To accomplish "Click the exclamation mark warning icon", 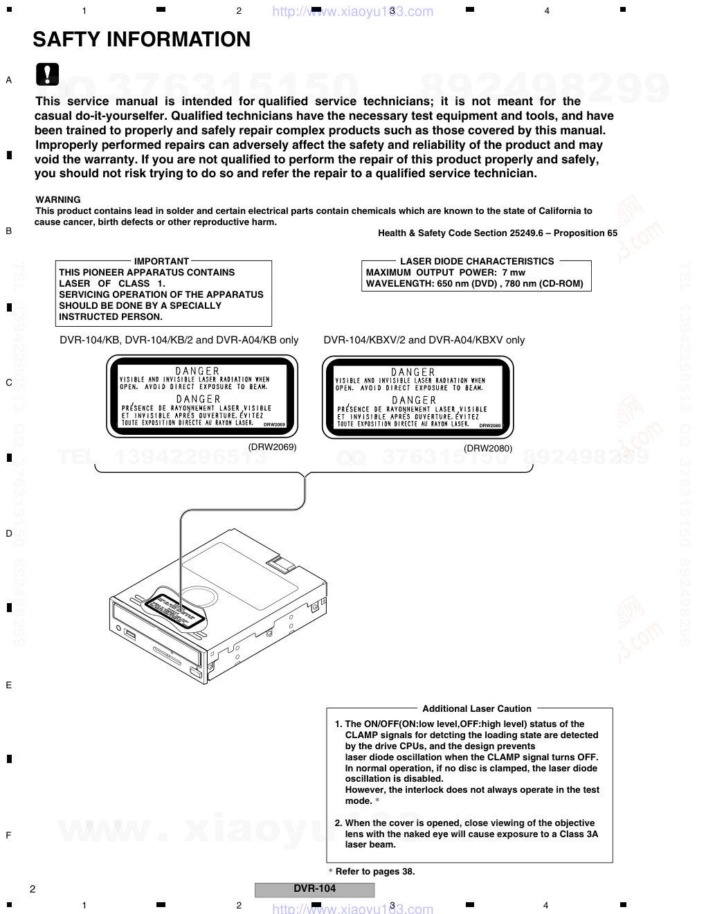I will click(x=48, y=74).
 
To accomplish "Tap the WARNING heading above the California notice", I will click(x=58, y=200).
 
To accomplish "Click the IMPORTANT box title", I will click(x=161, y=261).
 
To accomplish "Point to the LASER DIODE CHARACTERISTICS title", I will click(x=477, y=261).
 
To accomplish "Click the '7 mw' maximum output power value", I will click(x=514, y=272).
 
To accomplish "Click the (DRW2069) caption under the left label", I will click(x=273, y=447).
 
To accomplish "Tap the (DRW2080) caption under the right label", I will click(x=488, y=449).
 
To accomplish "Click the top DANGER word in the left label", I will click(x=197, y=371).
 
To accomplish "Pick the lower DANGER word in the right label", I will click(x=414, y=400).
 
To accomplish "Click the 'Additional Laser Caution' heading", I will click(x=477, y=708).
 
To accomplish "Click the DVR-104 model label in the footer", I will click(x=314, y=889).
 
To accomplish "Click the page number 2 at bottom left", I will click(x=32, y=889).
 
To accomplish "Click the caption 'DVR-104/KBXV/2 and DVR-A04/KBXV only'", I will click(x=424, y=340).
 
